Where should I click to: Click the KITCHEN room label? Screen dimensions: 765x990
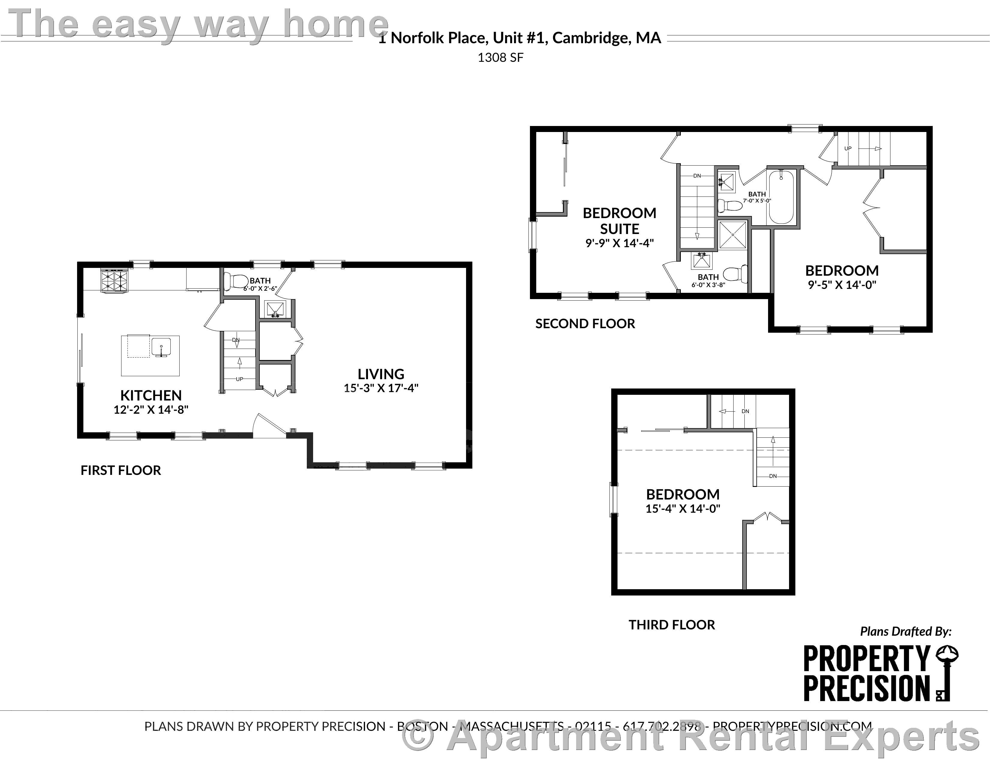click(151, 395)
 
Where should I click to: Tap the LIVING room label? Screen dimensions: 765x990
click(381, 374)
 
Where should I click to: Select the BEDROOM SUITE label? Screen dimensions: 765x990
click(619, 221)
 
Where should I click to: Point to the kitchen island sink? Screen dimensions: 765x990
click(161, 347)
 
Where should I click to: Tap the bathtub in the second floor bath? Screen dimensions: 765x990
click(781, 198)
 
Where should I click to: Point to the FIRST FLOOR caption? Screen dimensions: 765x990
click(121, 470)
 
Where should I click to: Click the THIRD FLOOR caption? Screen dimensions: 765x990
click(671, 625)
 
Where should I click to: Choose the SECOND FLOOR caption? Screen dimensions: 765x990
click(585, 324)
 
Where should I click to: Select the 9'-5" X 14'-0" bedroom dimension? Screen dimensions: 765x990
click(842, 285)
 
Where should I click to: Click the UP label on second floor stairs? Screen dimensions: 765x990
click(848, 148)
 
